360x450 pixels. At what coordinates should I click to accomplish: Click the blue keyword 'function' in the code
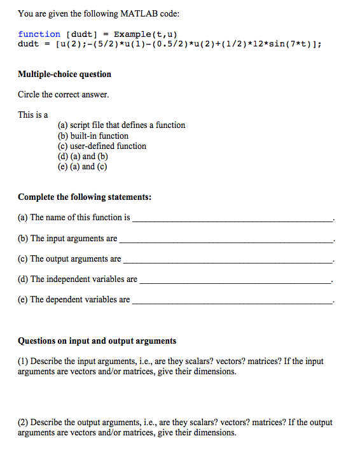point(39,34)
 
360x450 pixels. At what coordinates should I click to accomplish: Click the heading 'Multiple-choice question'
point(64,74)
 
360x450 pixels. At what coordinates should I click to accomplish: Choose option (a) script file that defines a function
point(121,125)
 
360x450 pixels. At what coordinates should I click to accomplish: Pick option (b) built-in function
point(93,136)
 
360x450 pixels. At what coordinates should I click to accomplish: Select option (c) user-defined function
point(102,146)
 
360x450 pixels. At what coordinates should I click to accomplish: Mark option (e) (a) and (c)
point(82,166)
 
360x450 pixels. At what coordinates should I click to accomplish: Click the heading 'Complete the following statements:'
point(85,197)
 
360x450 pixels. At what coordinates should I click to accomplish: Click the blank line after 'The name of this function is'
point(232,219)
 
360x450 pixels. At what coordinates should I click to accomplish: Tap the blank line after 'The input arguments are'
point(226,240)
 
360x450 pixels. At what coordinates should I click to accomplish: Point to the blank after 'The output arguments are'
point(228,260)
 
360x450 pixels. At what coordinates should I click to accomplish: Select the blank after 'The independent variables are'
point(235,281)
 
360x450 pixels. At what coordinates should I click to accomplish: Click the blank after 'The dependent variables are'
point(232,301)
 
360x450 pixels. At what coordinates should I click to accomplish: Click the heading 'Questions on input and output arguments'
point(97,341)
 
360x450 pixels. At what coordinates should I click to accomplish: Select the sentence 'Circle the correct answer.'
point(63,95)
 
